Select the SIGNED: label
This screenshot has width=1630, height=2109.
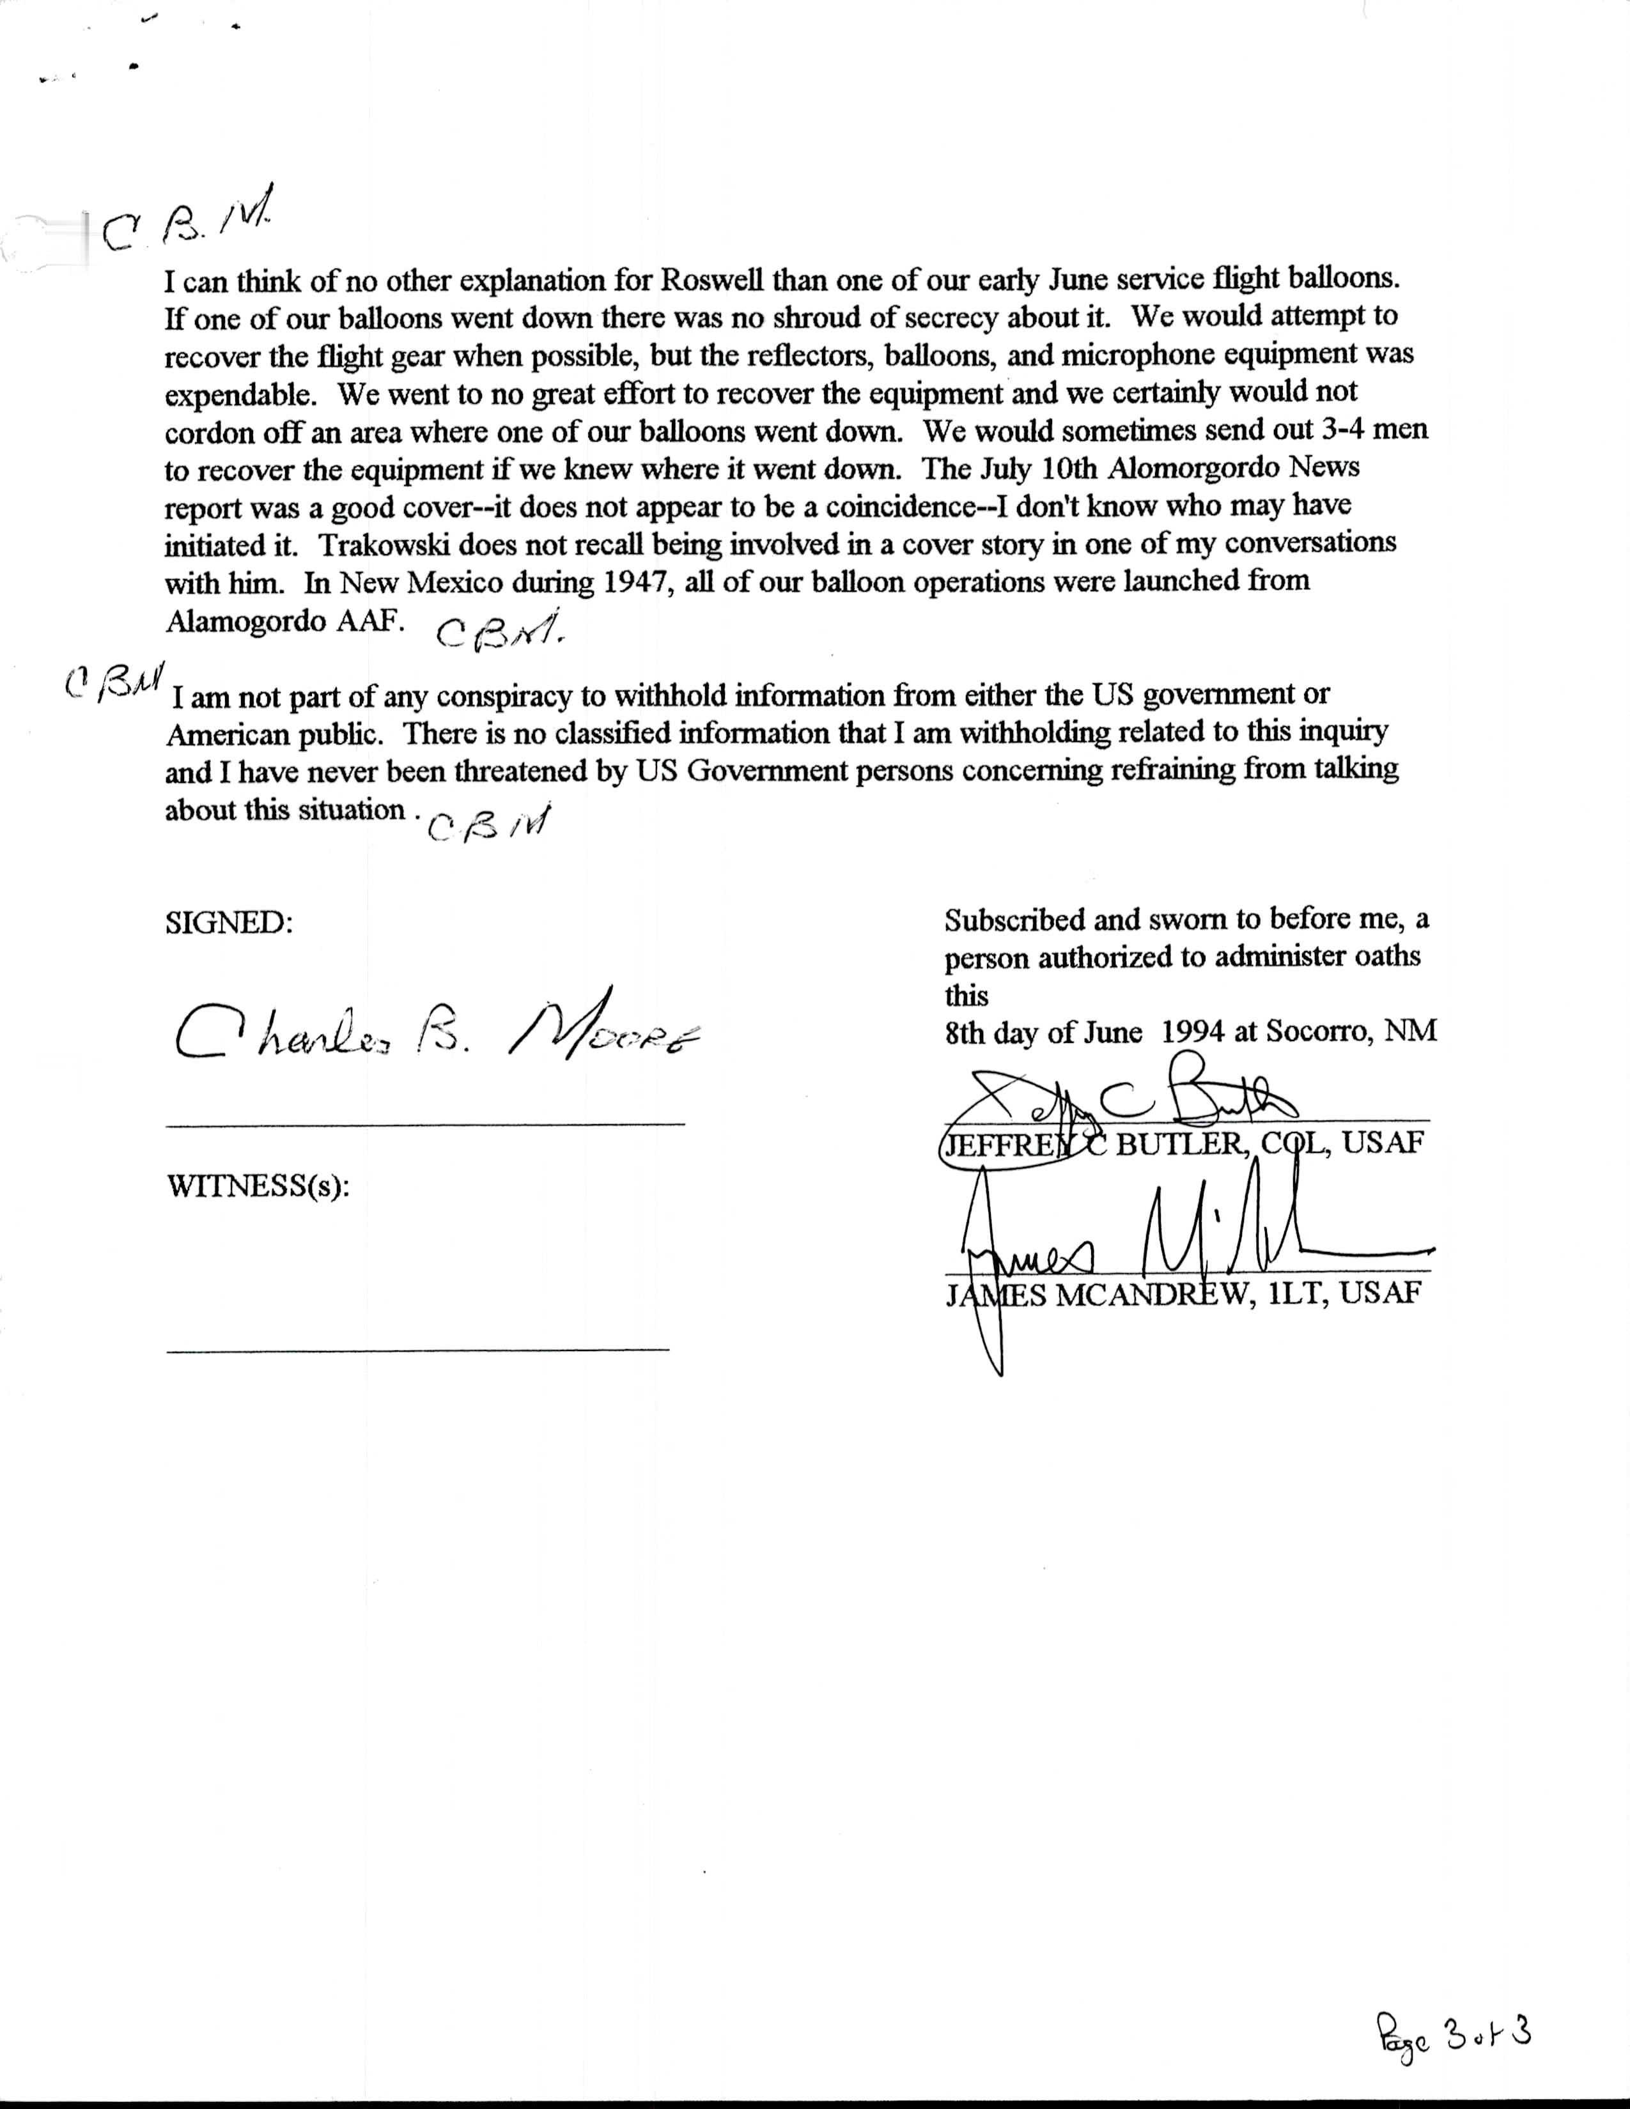pos(229,923)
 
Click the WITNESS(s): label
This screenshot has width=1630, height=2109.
pos(258,1186)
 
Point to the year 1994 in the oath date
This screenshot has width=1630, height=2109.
pos(1193,1032)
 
